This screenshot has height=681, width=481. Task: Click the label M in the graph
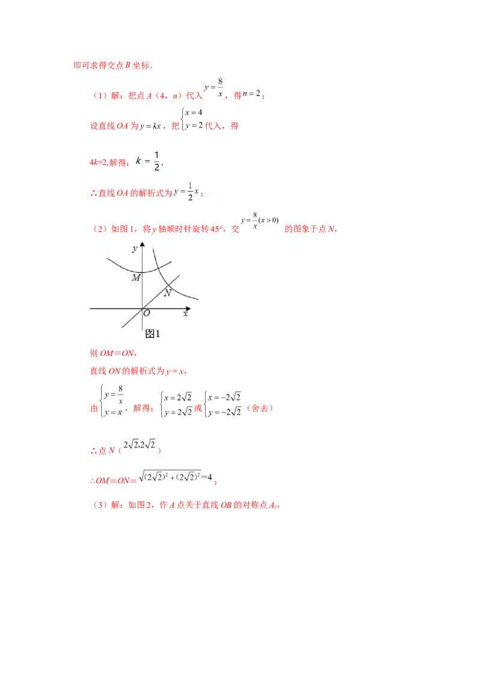(136, 277)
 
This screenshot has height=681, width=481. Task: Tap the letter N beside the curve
(168, 293)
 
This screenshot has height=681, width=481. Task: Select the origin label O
(147, 313)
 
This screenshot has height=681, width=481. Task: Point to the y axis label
(135, 248)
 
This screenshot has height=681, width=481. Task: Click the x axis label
(186, 313)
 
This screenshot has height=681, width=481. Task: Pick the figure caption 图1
(153, 333)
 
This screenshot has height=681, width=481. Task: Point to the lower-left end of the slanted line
(123, 327)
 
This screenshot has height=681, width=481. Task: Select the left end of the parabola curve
(107, 259)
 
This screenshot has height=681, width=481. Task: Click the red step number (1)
(99, 96)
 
